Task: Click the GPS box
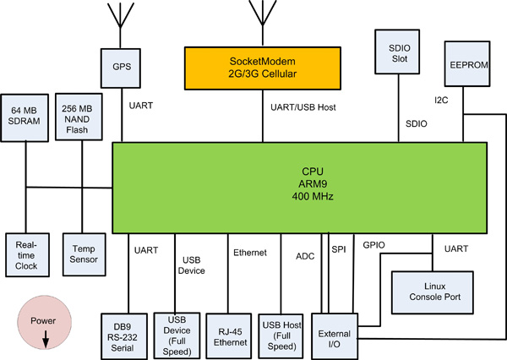coord(122,63)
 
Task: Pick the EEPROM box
coord(464,63)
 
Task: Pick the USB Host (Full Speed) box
coord(282,330)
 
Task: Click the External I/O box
coord(335,329)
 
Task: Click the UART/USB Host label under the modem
coord(296,106)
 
